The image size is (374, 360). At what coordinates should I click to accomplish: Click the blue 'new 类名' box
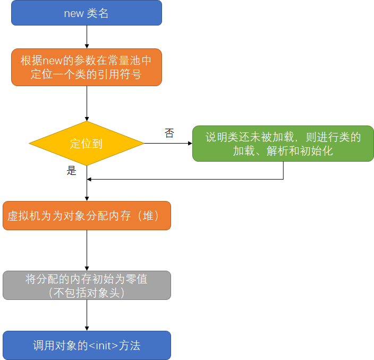coord(87,13)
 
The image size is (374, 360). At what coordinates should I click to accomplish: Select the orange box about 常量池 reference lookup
coord(87,67)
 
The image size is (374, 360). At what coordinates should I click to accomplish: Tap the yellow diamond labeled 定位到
coord(87,144)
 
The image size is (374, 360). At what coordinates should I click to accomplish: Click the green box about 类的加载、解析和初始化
coord(283,144)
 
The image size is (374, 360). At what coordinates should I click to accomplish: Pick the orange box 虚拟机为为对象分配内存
coord(87,215)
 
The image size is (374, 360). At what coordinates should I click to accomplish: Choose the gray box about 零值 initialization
coord(87,286)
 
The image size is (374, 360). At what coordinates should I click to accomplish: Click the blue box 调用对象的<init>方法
coord(87,345)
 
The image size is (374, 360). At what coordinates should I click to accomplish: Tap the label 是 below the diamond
coord(72,171)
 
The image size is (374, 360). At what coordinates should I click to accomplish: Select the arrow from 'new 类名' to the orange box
coord(87,37)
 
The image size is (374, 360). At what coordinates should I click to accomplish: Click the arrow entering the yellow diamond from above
coord(87,104)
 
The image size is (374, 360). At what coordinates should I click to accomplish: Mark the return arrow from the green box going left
coord(186,179)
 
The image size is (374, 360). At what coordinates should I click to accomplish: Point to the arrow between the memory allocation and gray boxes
coord(87,250)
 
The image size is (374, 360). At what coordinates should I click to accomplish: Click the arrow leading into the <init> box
coord(87,315)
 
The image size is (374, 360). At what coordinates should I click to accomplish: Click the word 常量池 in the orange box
coord(127,60)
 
